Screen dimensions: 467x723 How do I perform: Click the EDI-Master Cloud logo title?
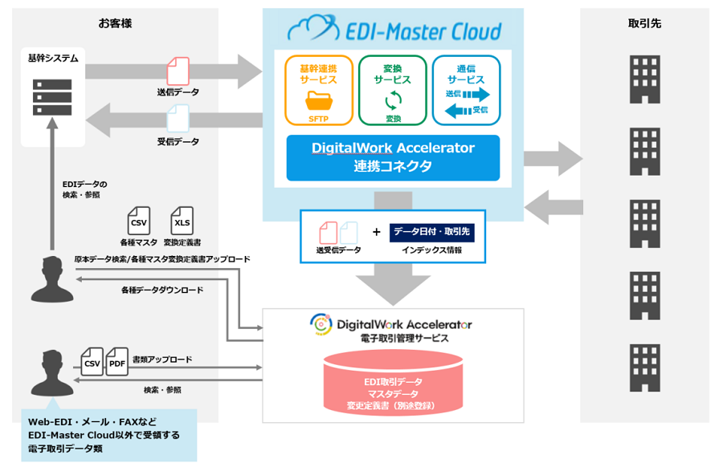click(394, 31)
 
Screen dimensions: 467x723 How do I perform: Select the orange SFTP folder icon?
click(319, 101)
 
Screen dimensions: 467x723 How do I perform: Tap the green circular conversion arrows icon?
click(393, 101)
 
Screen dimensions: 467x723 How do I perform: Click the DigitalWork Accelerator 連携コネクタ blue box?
click(393, 157)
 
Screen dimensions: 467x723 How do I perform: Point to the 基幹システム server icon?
click(51, 97)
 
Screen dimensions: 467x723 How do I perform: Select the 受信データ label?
click(178, 142)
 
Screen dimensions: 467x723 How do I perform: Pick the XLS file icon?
click(182, 221)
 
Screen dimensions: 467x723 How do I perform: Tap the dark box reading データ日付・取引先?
click(432, 232)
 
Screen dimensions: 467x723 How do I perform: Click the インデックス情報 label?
click(432, 250)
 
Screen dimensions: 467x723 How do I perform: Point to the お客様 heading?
click(115, 23)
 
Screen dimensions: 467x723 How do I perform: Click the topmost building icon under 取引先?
click(644, 79)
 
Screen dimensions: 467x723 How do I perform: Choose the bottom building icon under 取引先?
click(644, 363)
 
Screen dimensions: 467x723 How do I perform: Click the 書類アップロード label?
click(162, 359)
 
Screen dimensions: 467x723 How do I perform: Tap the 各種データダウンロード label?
click(162, 290)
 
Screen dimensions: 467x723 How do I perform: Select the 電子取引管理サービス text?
click(393, 339)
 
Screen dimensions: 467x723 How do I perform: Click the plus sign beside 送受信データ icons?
click(376, 232)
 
